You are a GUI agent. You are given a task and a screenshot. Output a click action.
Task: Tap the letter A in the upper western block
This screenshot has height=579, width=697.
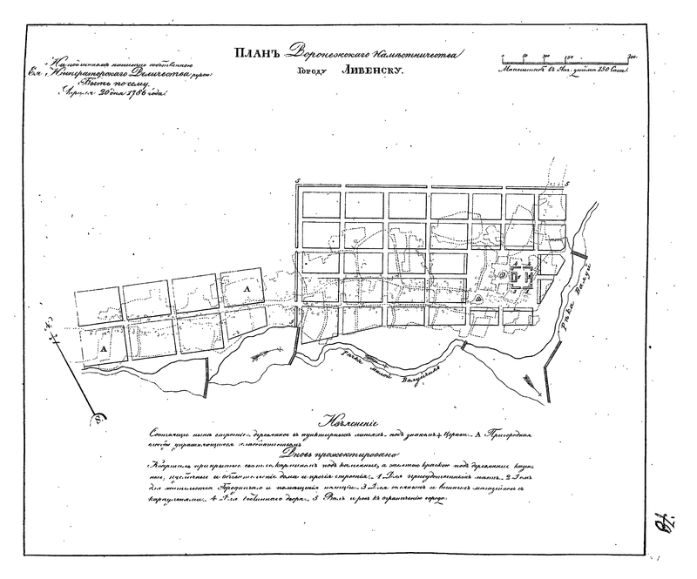[x=247, y=286]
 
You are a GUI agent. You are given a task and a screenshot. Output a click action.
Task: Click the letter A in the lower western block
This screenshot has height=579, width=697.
[x=103, y=348]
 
